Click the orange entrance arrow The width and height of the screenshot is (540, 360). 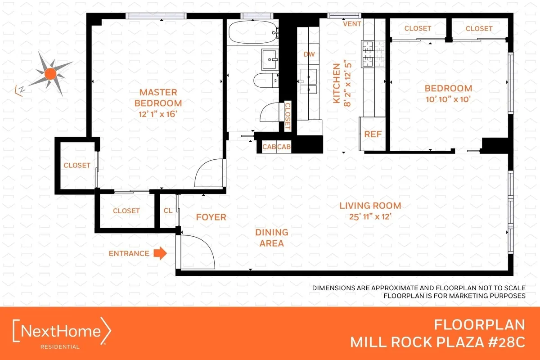(x=160, y=253)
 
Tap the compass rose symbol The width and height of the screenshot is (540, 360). (x=50, y=73)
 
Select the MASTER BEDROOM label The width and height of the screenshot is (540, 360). (x=158, y=98)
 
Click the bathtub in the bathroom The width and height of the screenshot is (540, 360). (x=251, y=31)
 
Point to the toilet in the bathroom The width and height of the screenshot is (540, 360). (x=266, y=81)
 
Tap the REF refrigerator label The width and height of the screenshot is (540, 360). (x=373, y=134)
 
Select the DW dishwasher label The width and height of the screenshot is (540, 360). (x=309, y=54)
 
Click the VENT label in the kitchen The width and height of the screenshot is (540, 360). (x=352, y=24)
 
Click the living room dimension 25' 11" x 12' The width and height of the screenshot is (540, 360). (x=370, y=216)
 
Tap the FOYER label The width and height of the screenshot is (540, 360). (x=211, y=217)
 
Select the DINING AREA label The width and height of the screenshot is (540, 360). (x=271, y=238)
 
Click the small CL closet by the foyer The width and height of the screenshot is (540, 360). (x=167, y=210)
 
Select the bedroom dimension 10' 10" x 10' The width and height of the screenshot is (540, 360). (x=448, y=99)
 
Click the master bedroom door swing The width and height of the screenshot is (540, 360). (x=208, y=173)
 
